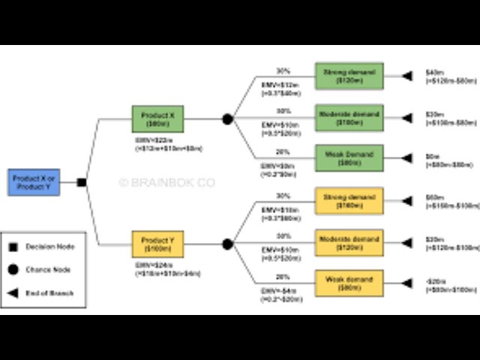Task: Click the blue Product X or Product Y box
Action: click(34, 182)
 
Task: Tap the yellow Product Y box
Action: click(157, 244)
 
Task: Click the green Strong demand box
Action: click(349, 76)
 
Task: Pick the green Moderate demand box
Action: click(349, 118)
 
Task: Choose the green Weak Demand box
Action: click(349, 158)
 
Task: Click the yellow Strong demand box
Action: click(349, 200)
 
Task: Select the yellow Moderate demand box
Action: click(349, 242)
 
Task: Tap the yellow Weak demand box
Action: click(349, 283)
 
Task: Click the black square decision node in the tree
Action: click(82, 182)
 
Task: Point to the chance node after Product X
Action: click(227, 119)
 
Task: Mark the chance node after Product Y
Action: click(227, 244)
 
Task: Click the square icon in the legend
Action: click(13, 246)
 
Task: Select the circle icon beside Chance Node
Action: click(13, 270)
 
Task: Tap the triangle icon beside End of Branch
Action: click(13, 294)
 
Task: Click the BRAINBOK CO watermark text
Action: click(166, 182)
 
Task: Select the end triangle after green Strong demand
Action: click(406, 76)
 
